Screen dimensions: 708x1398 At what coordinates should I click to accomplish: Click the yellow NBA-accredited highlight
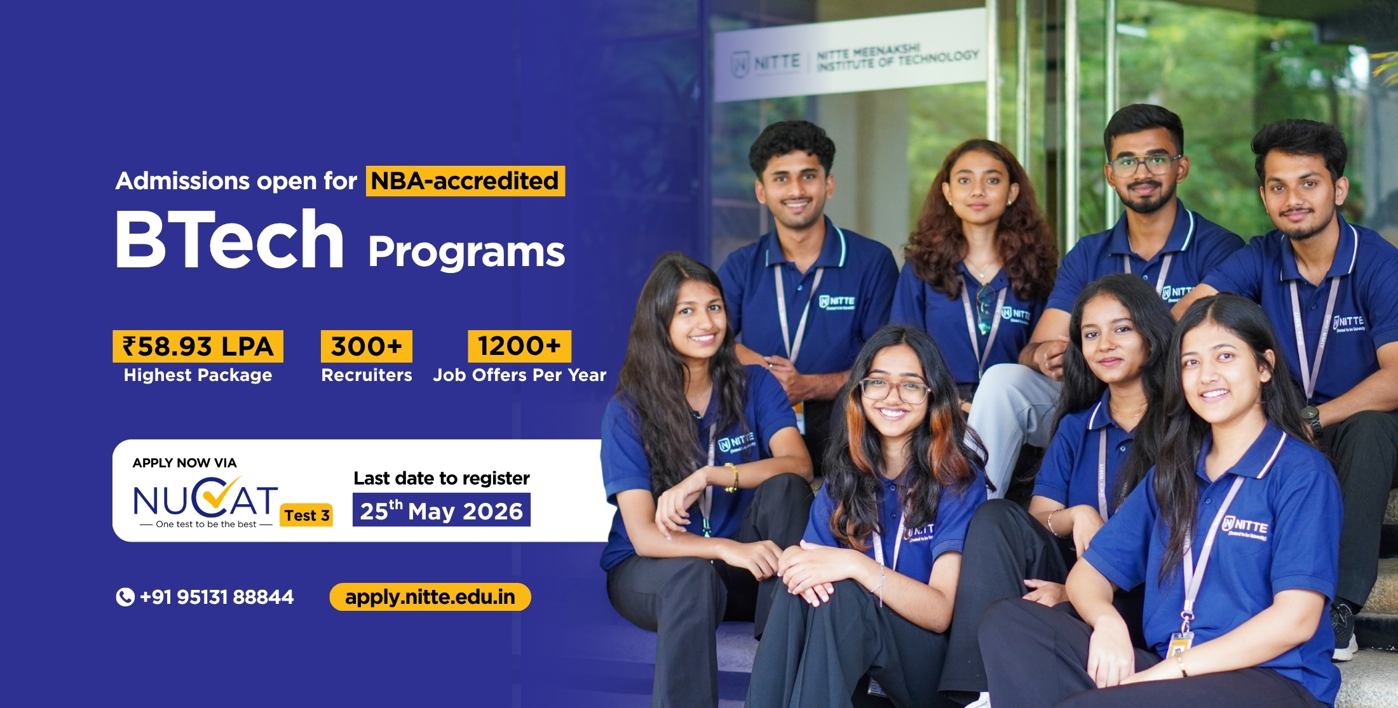click(x=465, y=181)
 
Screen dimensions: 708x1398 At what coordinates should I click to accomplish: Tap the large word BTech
click(x=229, y=240)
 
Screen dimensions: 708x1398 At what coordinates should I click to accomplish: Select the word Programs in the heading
click(x=466, y=252)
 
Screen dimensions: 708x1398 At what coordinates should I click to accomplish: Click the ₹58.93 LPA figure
click(x=198, y=347)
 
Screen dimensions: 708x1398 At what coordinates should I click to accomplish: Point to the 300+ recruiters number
click(x=366, y=347)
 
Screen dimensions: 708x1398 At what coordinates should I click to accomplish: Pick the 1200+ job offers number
click(x=519, y=347)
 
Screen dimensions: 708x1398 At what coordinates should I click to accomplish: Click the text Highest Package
click(x=198, y=375)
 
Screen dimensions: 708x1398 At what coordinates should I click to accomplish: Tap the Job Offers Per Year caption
click(x=519, y=375)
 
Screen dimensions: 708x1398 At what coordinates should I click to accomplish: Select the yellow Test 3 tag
click(x=306, y=515)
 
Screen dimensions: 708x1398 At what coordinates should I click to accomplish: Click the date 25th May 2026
click(x=441, y=511)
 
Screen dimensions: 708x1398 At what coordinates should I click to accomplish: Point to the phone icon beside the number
click(x=125, y=597)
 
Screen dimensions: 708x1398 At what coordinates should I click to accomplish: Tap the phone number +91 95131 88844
click(x=217, y=597)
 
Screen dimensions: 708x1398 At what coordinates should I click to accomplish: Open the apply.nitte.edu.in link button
click(x=430, y=597)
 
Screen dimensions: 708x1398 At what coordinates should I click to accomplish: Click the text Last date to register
click(x=441, y=478)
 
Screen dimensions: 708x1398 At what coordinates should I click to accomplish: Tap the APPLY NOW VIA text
click(x=184, y=463)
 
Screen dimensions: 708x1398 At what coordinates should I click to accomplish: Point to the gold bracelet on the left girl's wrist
click(x=732, y=476)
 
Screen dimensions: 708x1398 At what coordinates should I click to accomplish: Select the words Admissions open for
click(x=236, y=181)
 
